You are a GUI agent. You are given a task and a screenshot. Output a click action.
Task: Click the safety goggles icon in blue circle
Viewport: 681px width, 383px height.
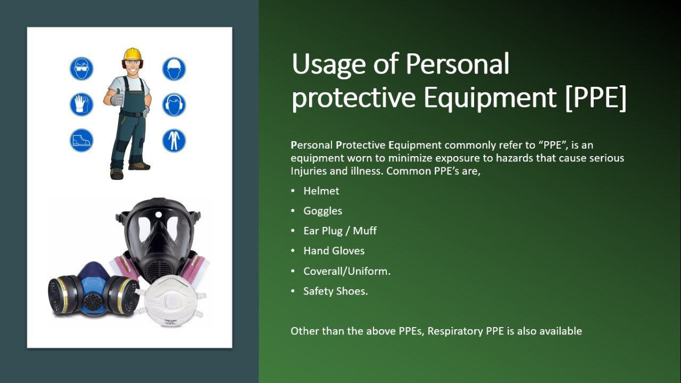(81, 69)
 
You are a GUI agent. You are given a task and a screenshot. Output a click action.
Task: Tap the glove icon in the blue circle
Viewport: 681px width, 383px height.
(81, 104)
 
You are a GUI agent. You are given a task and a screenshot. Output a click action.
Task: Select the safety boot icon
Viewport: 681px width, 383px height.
(81, 140)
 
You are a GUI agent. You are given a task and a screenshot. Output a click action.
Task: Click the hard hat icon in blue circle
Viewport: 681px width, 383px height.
(174, 69)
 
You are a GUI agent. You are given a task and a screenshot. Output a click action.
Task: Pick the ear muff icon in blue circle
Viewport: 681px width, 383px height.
(174, 104)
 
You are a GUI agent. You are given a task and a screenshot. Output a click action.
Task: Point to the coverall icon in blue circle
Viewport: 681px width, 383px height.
(174, 140)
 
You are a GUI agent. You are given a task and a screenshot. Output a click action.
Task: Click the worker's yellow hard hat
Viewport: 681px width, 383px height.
(132, 54)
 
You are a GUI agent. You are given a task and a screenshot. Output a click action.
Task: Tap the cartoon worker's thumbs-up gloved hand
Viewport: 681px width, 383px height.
(117, 97)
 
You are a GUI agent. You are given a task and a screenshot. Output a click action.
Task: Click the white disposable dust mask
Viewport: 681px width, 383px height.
(171, 301)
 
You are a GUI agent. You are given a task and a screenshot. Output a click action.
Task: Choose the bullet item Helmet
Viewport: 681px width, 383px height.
(321, 191)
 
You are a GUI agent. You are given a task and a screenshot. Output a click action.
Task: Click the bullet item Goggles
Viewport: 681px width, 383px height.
(322, 211)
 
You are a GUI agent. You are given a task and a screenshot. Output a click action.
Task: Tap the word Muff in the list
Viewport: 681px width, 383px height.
(365, 231)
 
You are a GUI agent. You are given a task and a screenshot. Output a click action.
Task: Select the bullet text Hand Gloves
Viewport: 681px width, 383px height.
(334, 251)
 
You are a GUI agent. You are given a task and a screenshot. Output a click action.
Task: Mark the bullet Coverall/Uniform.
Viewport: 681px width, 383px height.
(347, 271)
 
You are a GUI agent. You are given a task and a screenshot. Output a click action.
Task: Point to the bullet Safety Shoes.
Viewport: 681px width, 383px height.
(336, 291)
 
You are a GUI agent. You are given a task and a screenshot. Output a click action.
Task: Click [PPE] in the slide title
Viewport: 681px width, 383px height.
(596, 97)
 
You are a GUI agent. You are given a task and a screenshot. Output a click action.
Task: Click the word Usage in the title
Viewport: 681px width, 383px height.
(329, 64)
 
